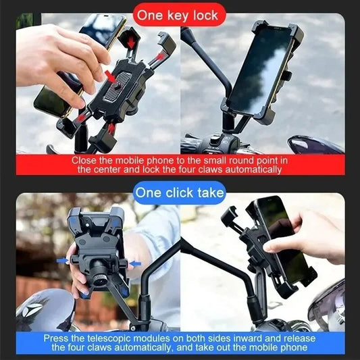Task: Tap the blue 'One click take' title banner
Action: coord(179,192)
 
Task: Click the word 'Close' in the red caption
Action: coord(85,161)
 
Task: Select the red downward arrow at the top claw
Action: coord(131,43)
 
